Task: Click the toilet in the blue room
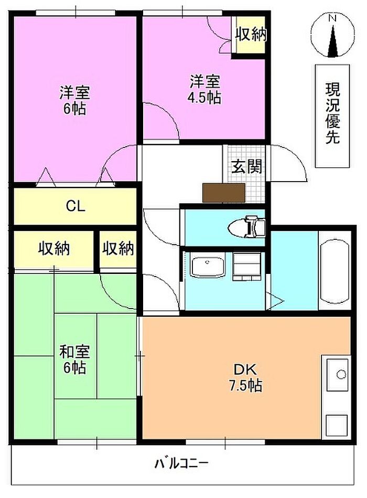pyautogui.click(x=246, y=227)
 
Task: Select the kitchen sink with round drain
pyautogui.click(x=338, y=374)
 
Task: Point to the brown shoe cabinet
pyautogui.click(x=224, y=193)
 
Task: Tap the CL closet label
pyautogui.click(x=75, y=206)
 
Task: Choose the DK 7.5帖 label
pyautogui.click(x=246, y=378)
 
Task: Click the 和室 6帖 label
pyautogui.click(x=75, y=359)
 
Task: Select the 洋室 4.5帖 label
pyautogui.click(x=205, y=89)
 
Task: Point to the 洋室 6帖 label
pyautogui.click(x=75, y=100)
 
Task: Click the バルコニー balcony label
pyautogui.click(x=181, y=464)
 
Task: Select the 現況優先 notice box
pyautogui.click(x=332, y=116)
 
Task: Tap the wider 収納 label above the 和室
pyautogui.click(x=54, y=248)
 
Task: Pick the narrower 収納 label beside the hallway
pyautogui.click(x=118, y=248)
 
